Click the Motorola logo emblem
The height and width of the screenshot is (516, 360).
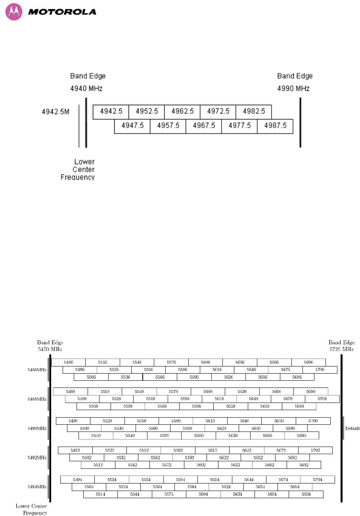(14, 12)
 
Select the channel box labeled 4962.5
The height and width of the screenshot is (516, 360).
(182, 111)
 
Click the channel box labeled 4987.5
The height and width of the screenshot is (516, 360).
(275, 126)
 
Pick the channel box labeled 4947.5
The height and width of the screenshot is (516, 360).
(132, 126)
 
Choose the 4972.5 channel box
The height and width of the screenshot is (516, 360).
(218, 111)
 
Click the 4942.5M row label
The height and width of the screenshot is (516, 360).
(56, 112)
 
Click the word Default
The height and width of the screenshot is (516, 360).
(352, 428)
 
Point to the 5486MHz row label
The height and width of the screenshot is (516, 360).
(36, 370)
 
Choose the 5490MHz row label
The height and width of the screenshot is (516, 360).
(36, 428)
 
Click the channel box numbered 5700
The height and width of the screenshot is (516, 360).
(313, 421)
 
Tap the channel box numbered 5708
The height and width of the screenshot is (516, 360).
(322, 399)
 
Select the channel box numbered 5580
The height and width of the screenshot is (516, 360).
(176, 421)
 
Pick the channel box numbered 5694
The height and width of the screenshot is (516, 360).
(306, 494)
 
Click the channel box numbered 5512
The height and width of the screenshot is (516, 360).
(98, 465)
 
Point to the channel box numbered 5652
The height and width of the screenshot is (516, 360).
(258, 457)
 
